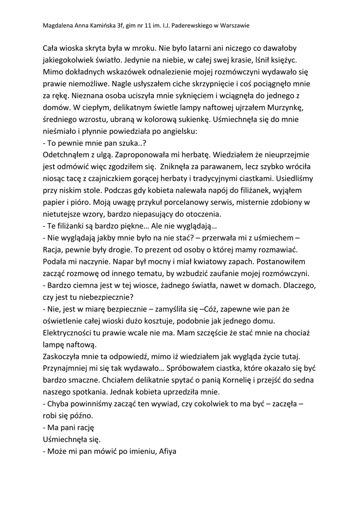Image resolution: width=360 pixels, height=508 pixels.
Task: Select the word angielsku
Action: [176, 132]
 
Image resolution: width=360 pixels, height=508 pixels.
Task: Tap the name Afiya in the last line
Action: [167, 452]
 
